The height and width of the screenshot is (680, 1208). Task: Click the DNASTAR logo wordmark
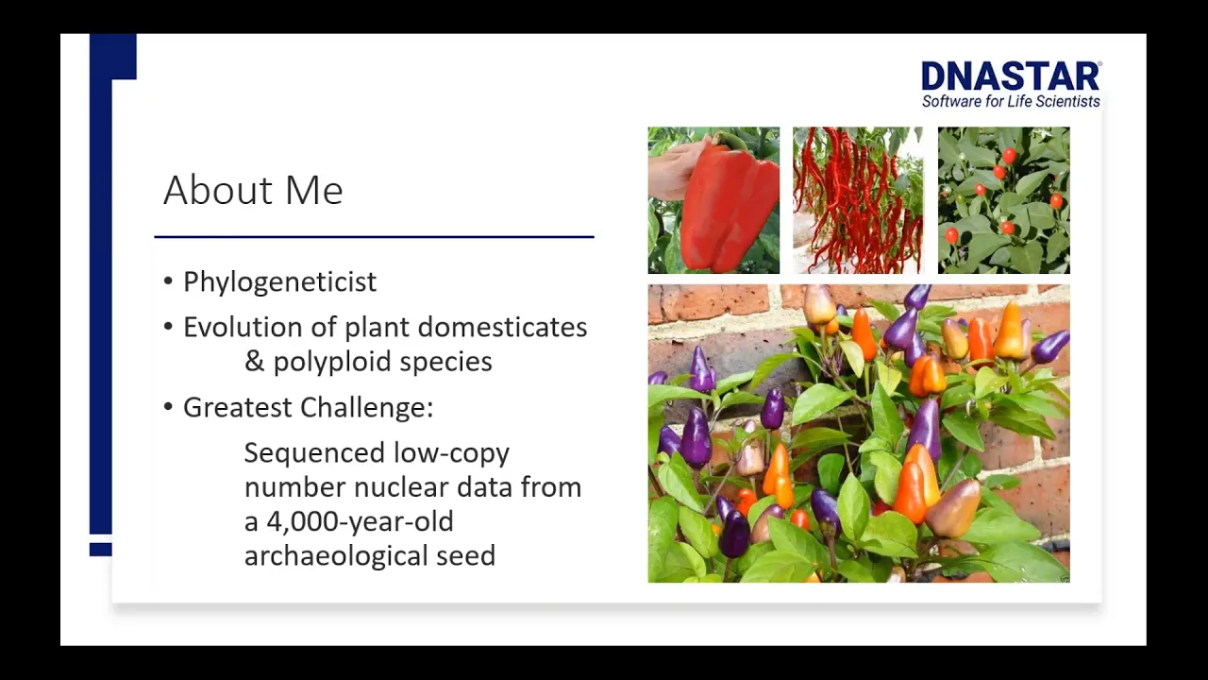tap(1011, 76)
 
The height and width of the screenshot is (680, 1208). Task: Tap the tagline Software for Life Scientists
tap(1011, 101)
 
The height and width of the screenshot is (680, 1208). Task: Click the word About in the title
tap(218, 190)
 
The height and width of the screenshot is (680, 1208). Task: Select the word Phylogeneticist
tap(280, 281)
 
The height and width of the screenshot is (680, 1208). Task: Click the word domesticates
tap(503, 327)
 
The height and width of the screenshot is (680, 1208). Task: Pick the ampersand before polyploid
tap(254, 362)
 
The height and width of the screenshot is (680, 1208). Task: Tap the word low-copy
tap(451, 454)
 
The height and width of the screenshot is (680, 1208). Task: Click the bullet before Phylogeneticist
tap(169, 281)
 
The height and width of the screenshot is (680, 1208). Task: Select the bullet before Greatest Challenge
tap(169, 407)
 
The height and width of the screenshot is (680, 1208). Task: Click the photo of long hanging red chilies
tap(858, 200)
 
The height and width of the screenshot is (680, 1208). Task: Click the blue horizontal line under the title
tap(375, 236)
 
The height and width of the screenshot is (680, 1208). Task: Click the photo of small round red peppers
tap(1003, 200)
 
